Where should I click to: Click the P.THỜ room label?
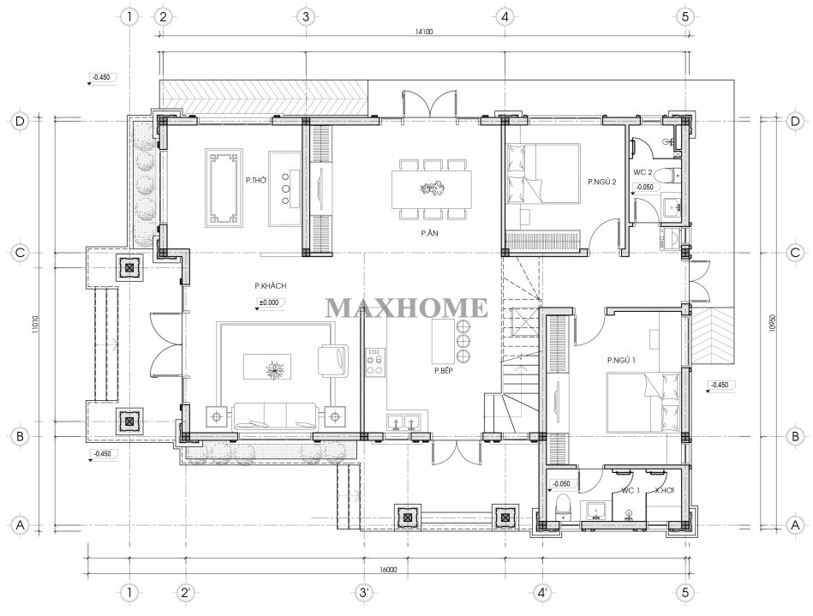[x=256, y=181]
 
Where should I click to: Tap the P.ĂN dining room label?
[x=429, y=233]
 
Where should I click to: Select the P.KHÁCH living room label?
[x=270, y=285]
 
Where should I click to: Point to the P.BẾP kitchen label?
[x=444, y=371]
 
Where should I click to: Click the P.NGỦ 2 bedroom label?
[x=602, y=182]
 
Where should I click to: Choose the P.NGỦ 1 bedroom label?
[x=621, y=360]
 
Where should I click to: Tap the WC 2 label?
[x=643, y=172]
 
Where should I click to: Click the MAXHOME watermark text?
[x=406, y=308]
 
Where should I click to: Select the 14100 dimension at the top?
[x=423, y=32]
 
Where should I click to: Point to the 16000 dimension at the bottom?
[x=388, y=570]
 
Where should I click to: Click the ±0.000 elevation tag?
[x=269, y=302]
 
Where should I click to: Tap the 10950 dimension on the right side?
[x=773, y=324]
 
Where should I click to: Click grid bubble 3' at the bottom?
[x=364, y=592]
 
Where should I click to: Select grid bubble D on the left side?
[x=20, y=122]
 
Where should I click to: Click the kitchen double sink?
[x=404, y=422]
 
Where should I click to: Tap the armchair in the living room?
[x=332, y=360]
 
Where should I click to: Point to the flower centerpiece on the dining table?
[x=433, y=188]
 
